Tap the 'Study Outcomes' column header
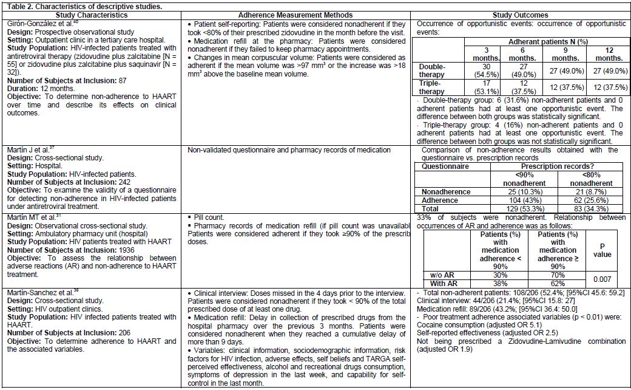tap(521, 15)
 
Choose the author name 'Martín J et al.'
tap(22, 150)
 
